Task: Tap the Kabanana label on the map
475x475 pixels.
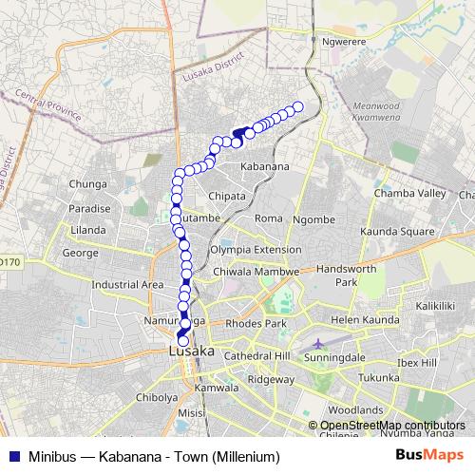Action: point(264,166)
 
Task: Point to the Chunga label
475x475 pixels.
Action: point(87,183)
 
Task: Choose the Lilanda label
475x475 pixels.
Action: point(87,230)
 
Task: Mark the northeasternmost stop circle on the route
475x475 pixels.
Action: point(297,106)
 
